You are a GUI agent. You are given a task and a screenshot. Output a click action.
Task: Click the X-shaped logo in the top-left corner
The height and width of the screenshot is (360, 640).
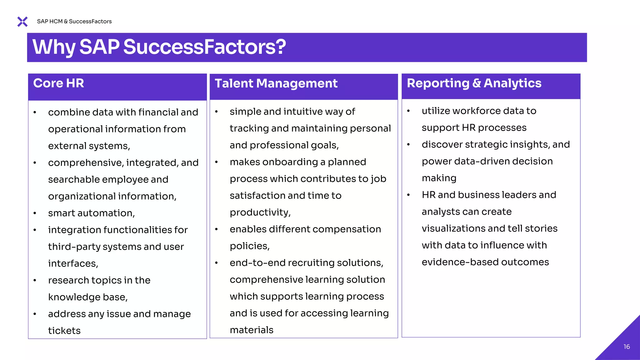[22, 22]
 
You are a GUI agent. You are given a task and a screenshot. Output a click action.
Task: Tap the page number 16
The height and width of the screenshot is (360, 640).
[627, 347]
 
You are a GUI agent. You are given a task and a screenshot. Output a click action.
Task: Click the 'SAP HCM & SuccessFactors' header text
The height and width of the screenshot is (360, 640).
[74, 21]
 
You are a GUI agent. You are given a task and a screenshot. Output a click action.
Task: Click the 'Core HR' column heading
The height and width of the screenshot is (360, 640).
[58, 83]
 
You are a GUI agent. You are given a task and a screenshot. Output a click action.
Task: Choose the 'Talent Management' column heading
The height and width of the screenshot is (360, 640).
[276, 83]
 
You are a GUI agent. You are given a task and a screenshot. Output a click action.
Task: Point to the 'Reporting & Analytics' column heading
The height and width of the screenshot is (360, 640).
[474, 83]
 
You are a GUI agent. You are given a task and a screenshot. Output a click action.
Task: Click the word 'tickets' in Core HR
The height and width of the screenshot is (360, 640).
[64, 331]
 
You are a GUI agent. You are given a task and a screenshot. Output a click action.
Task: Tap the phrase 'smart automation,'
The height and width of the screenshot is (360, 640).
[92, 213]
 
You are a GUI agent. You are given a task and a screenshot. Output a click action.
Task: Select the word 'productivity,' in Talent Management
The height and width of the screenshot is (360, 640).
[260, 212]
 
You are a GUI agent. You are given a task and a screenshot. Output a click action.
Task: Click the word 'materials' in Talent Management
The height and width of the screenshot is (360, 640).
[252, 330]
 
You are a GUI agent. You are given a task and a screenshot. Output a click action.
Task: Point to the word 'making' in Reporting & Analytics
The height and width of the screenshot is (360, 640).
[439, 178]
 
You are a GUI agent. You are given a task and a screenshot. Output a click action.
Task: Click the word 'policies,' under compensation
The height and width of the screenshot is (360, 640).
[250, 246]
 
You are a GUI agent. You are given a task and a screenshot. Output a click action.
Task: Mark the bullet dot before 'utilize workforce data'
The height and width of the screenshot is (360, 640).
[408, 111]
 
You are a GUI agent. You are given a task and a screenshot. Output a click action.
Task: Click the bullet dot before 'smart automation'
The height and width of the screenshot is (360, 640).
[35, 213]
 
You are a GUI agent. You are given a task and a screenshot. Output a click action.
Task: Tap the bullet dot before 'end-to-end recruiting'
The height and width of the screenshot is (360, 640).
[216, 263]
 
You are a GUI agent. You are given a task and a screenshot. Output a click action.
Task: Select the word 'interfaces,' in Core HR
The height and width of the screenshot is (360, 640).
[73, 264]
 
